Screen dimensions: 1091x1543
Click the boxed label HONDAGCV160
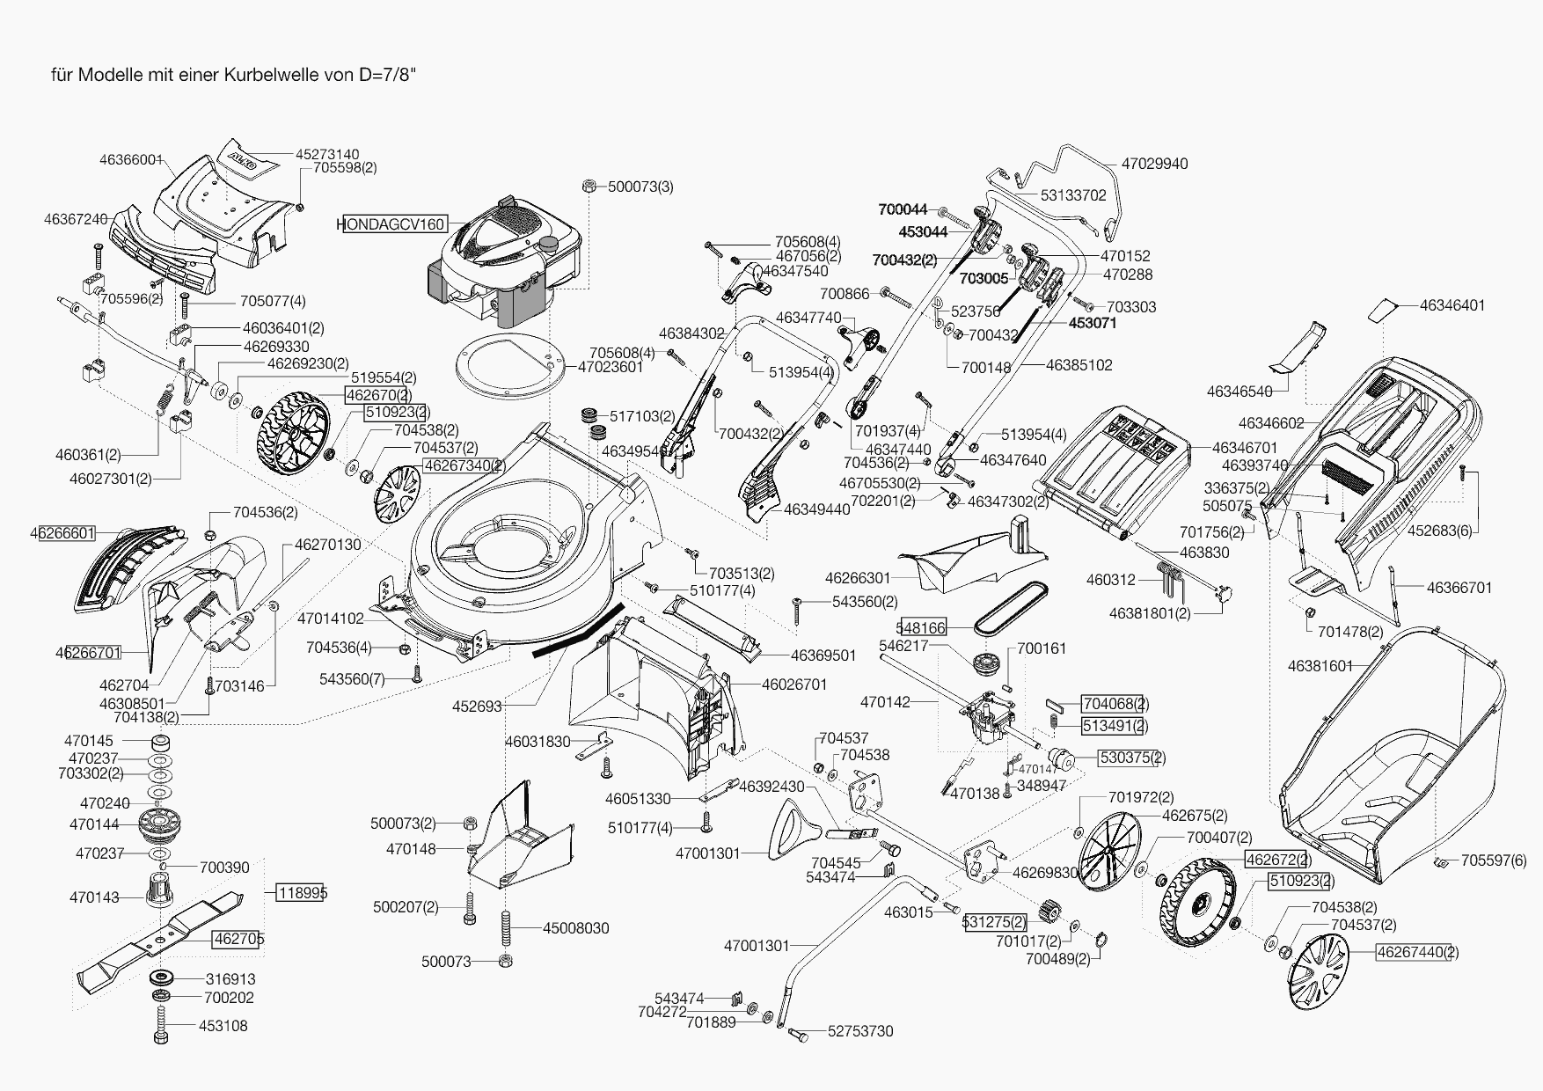coord(391,224)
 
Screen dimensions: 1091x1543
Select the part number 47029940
coord(1154,164)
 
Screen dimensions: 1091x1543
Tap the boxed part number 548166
coord(921,627)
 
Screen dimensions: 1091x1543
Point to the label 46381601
coord(1320,666)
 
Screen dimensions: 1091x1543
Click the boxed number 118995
coord(303,893)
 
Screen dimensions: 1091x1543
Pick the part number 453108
coord(223,1026)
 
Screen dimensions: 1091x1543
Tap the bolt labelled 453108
coord(161,1026)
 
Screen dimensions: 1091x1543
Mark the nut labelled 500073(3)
coord(590,187)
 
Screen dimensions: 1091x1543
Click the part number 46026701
coord(794,684)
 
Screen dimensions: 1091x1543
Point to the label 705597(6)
coord(1494,860)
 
